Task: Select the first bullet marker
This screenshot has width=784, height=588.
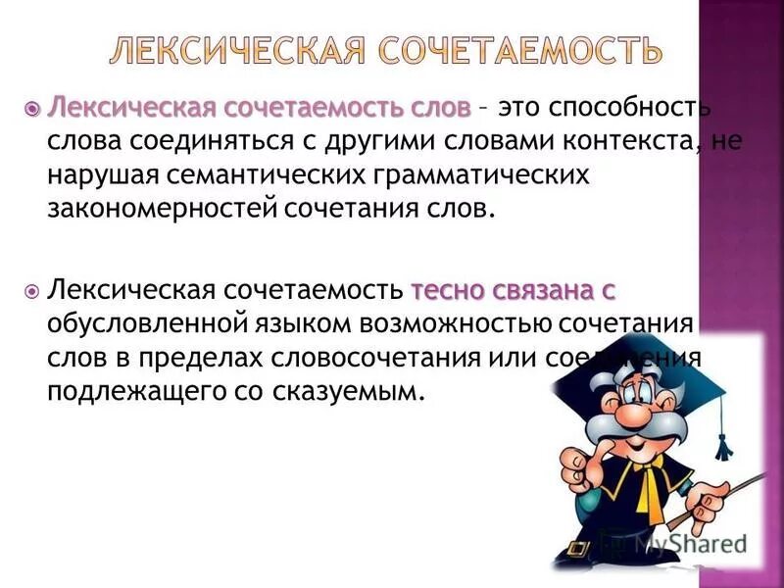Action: point(32,105)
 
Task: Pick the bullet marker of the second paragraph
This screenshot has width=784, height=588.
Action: point(32,290)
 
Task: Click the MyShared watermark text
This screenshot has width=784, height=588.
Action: point(686,542)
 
